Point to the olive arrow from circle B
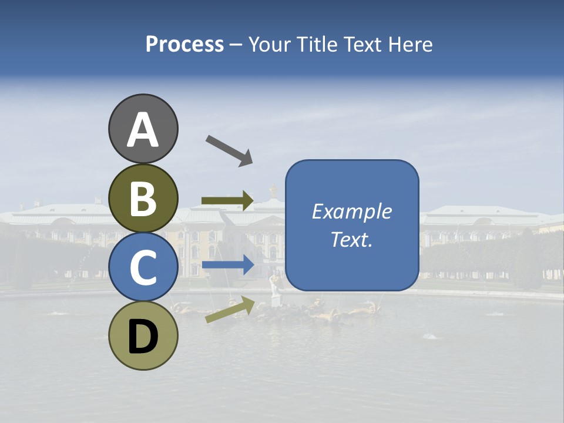(227, 201)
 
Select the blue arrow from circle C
(227, 266)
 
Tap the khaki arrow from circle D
(230, 310)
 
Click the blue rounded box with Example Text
(352, 225)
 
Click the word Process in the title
(184, 45)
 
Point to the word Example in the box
(352, 211)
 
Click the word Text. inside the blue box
(352, 240)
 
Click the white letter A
(143, 130)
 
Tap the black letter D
(143, 337)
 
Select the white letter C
(143, 268)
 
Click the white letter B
(143, 200)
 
